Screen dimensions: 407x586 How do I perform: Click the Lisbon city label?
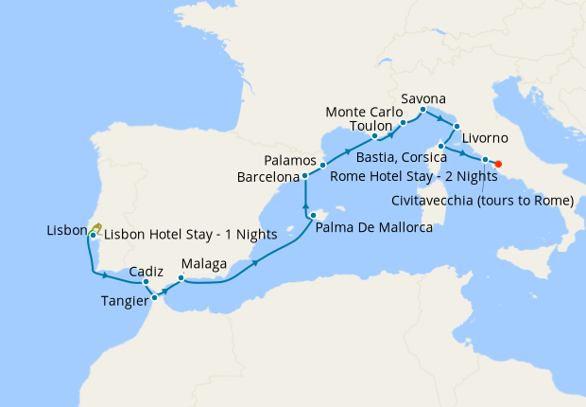click(65, 230)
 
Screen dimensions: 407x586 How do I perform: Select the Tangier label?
click(123, 301)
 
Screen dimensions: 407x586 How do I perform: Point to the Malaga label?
click(201, 264)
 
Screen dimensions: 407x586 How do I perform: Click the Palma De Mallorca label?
click(374, 228)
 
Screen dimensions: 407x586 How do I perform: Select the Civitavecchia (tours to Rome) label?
click(482, 200)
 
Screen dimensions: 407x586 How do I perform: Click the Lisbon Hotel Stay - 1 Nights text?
click(189, 234)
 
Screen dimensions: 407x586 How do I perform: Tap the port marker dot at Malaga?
click(181, 278)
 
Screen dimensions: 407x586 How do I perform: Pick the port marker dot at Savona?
click(422, 111)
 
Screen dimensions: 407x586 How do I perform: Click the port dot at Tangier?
click(153, 300)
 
